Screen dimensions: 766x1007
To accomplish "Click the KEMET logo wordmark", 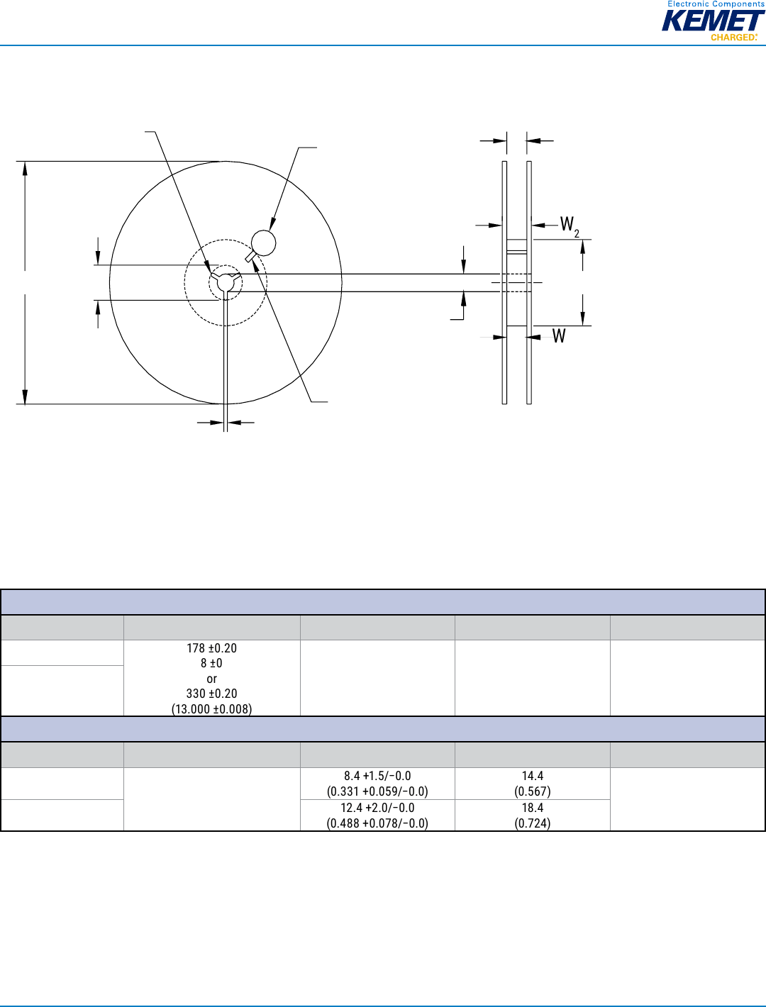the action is tap(713, 21).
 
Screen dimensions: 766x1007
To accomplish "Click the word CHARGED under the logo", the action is tap(733, 37).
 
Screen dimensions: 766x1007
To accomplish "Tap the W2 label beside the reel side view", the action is tap(570, 227).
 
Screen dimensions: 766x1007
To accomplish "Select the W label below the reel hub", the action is tap(559, 336).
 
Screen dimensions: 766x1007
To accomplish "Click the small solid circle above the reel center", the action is tap(264, 243).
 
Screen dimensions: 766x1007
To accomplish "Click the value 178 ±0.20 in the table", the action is tap(211, 648).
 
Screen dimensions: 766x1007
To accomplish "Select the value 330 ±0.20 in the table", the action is tap(211, 694).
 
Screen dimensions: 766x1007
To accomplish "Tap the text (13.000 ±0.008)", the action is tap(211, 708).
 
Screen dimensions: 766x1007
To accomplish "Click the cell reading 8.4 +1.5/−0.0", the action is tap(377, 776).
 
